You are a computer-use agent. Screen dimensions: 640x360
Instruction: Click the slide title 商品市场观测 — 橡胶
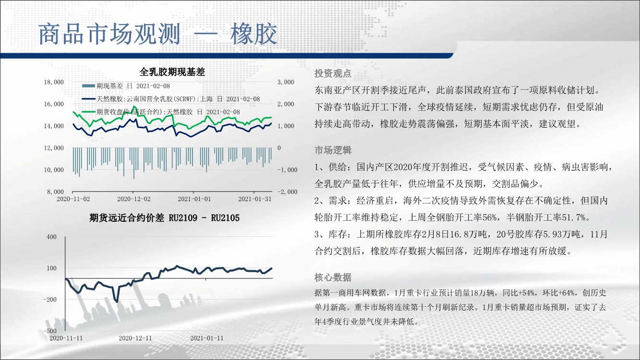pyautogui.click(x=157, y=34)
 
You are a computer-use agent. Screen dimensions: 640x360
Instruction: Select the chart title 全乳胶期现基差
pyautogui.click(x=172, y=72)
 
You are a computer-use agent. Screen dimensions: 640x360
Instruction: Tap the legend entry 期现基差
pyautogui.click(x=126, y=86)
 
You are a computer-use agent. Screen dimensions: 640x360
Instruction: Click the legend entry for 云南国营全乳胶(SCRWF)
pyautogui.click(x=170, y=99)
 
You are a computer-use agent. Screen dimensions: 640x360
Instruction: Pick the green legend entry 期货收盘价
pyautogui.click(x=161, y=112)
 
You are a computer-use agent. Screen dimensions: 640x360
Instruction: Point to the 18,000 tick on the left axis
pyautogui.click(x=54, y=82)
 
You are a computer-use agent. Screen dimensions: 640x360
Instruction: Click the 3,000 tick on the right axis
pyautogui.click(x=286, y=82)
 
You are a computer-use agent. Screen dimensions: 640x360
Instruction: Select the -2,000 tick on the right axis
pyautogui.click(x=287, y=192)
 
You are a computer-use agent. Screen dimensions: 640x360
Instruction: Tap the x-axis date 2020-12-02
pyautogui.click(x=134, y=199)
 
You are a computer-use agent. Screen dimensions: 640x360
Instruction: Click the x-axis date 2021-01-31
pyautogui.click(x=255, y=199)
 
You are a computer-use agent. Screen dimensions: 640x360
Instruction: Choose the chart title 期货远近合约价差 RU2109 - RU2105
pyautogui.click(x=164, y=218)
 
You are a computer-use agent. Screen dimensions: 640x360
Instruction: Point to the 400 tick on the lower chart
pyautogui.click(x=51, y=237)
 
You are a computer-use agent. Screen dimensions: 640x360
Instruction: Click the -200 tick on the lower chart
pyautogui.click(x=50, y=300)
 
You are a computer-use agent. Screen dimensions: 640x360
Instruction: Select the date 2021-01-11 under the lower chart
pyautogui.click(x=206, y=338)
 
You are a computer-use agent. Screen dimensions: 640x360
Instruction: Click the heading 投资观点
pyautogui.click(x=333, y=74)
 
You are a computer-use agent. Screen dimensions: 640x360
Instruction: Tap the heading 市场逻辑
pyautogui.click(x=333, y=150)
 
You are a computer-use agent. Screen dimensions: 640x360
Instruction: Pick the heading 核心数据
pyautogui.click(x=333, y=277)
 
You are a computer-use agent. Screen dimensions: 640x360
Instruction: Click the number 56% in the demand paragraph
pyautogui.click(x=490, y=218)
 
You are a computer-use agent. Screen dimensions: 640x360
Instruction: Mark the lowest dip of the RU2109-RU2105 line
pyautogui.click(x=117, y=302)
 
